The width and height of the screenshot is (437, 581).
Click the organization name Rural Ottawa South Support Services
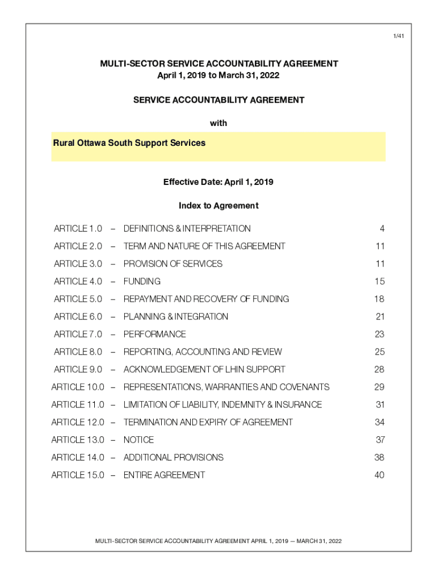tap(129, 143)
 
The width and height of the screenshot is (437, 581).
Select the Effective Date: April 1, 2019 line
tap(218, 182)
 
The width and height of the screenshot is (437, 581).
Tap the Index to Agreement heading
tap(218, 205)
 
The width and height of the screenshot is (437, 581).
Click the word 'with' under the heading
tap(218, 123)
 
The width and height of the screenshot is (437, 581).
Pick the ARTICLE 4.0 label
tap(78, 281)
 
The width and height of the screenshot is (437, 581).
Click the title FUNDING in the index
tap(142, 281)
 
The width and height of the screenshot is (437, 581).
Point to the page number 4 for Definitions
tap(382, 229)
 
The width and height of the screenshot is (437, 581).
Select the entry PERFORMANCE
tap(154, 334)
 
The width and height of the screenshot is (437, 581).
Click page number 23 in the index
tap(380, 334)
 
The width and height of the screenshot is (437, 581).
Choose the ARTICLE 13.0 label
tap(78, 440)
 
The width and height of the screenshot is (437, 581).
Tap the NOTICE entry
tap(138, 440)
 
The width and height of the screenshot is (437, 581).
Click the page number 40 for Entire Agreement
tap(379, 475)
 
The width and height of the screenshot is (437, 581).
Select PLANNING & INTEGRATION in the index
tap(176, 317)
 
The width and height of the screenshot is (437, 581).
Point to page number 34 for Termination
tap(379, 422)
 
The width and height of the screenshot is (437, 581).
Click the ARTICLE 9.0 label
tap(78, 369)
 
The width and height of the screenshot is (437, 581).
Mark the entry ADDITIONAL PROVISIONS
tap(174, 457)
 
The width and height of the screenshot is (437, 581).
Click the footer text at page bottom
tap(218, 541)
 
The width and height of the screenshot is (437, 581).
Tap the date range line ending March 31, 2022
tap(218, 75)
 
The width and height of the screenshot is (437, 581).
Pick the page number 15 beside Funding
tap(380, 281)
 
